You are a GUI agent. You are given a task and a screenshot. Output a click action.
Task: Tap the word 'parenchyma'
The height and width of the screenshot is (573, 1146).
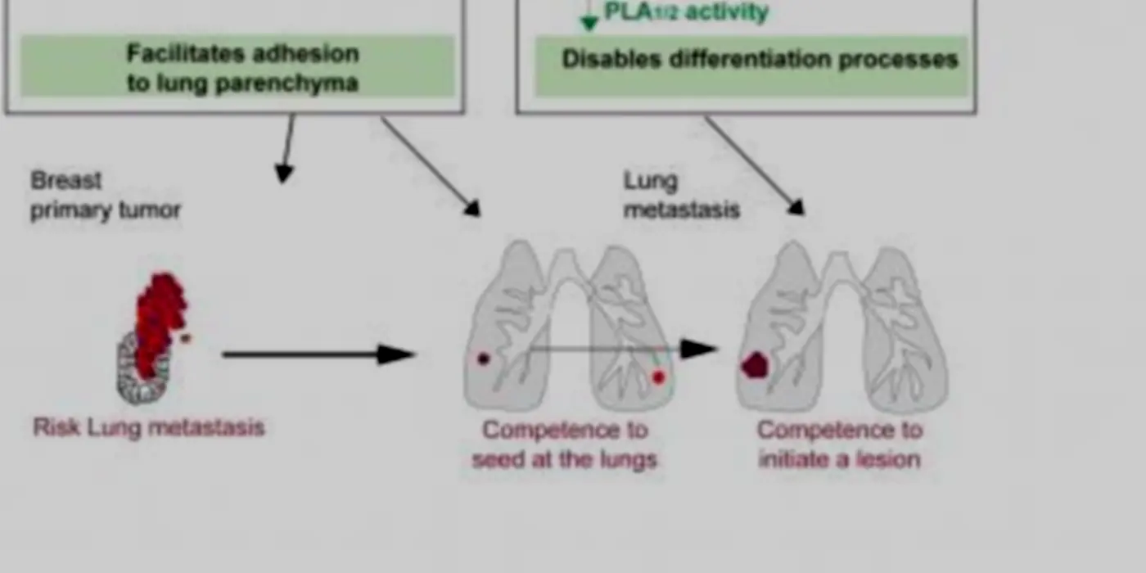tap(287, 83)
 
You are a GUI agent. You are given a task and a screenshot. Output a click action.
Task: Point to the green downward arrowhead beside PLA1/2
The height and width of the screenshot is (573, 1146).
tap(589, 22)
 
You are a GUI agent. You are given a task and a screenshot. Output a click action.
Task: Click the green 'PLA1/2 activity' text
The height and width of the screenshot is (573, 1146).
tap(686, 12)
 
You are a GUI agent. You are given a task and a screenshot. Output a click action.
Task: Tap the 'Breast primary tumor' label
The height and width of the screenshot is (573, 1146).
tap(106, 196)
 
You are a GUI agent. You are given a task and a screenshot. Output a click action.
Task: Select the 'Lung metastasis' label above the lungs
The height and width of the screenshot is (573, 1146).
tap(681, 196)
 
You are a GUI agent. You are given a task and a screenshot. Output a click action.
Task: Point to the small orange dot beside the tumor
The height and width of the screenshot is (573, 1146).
tap(186, 338)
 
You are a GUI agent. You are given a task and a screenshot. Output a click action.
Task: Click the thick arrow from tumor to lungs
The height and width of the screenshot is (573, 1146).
tap(319, 354)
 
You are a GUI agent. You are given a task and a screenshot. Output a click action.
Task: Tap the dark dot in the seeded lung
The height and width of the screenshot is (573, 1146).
tap(484, 359)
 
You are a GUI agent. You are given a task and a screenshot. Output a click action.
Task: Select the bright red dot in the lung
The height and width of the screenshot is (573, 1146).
tap(659, 377)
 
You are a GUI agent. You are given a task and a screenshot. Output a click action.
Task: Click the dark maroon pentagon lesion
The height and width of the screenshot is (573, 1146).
tap(755, 365)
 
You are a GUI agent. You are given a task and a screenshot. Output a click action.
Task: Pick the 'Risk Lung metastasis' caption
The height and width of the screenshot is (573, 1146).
tap(148, 427)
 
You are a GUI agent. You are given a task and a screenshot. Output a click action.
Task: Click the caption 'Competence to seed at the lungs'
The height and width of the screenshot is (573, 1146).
tap(565, 444)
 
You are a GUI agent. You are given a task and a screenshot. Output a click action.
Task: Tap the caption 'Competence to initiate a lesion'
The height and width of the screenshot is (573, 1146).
tap(840, 444)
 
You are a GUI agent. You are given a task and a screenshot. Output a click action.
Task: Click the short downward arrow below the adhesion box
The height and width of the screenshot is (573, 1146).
tap(287, 148)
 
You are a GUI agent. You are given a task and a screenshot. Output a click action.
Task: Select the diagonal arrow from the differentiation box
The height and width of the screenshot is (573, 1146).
tap(755, 165)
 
